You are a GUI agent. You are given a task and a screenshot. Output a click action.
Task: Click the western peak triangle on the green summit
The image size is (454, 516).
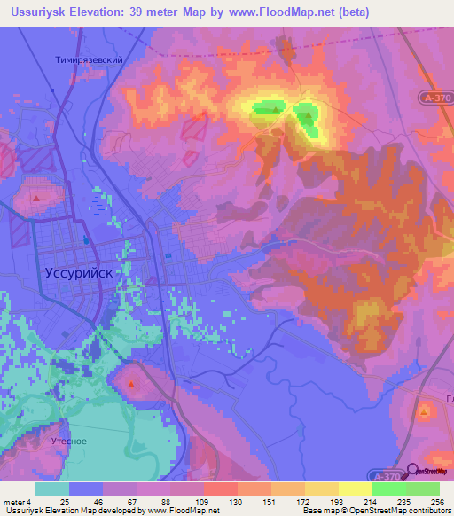tap(276, 110)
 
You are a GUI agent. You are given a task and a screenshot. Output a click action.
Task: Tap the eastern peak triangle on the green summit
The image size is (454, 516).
tap(309, 115)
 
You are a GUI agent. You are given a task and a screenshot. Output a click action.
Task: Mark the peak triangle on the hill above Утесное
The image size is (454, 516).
tap(131, 385)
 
